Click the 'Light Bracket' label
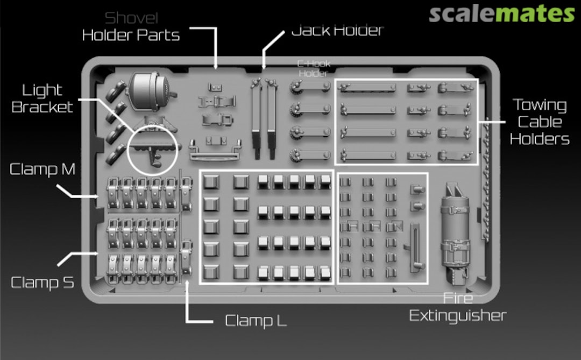click(x=42, y=98)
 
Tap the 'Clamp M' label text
click(x=42, y=169)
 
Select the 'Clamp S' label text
click(x=42, y=283)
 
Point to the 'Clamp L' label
click(x=256, y=321)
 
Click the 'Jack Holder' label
click(x=337, y=30)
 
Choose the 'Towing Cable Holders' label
click(x=540, y=122)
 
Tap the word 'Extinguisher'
click(x=458, y=315)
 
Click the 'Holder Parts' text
click(x=131, y=35)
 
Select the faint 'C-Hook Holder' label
click(x=314, y=68)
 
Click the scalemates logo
click(x=502, y=13)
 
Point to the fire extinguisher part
click(x=455, y=233)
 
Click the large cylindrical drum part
click(x=150, y=91)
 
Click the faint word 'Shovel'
click(x=131, y=18)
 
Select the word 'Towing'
click(x=540, y=105)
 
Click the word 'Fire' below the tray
click(x=458, y=298)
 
